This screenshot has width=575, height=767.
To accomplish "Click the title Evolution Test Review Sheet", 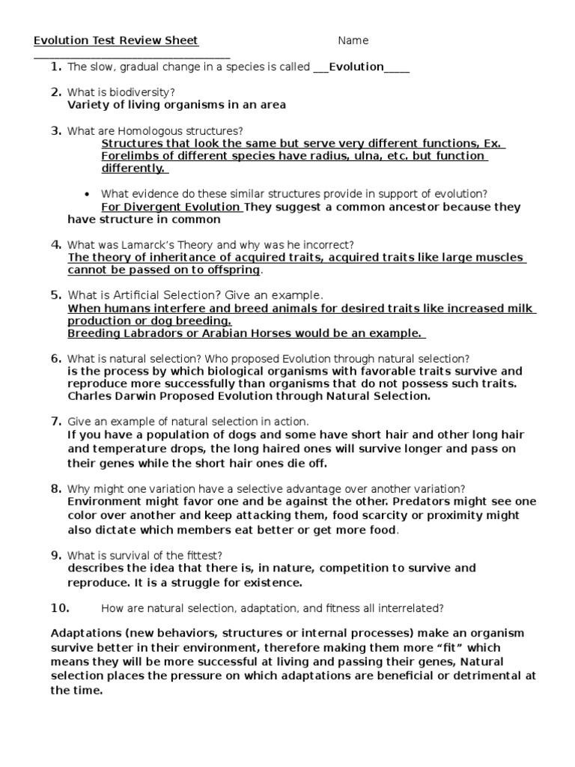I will (116, 40).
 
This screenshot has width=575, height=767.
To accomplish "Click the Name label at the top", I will (353, 40).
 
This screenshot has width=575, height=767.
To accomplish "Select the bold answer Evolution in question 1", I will (356, 67).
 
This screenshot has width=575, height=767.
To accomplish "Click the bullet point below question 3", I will (88, 193).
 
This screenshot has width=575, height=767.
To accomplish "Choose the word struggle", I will (191, 582).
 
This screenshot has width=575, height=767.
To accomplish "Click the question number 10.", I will (60, 607).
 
